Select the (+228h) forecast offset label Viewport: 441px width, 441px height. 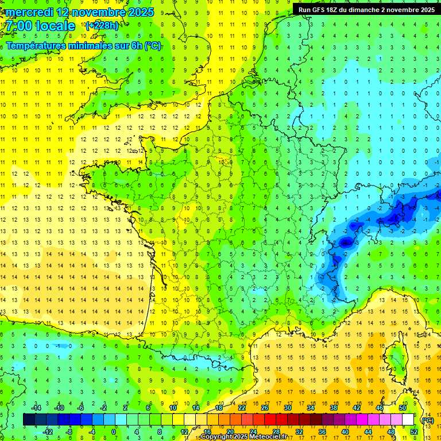click(x=102, y=25)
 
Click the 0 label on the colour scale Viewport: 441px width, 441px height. click(x=114, y=432)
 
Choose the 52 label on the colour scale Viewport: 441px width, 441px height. click(x=414, y=432)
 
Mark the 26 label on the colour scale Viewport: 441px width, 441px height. click(x=265, y=408)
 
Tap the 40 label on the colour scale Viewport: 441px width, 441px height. click(x=345, y=432)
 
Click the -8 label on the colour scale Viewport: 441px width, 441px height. click(x=69, y=432)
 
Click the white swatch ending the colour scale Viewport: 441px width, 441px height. click(x=408, y=419)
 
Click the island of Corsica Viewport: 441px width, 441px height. click(x=395, y=356)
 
